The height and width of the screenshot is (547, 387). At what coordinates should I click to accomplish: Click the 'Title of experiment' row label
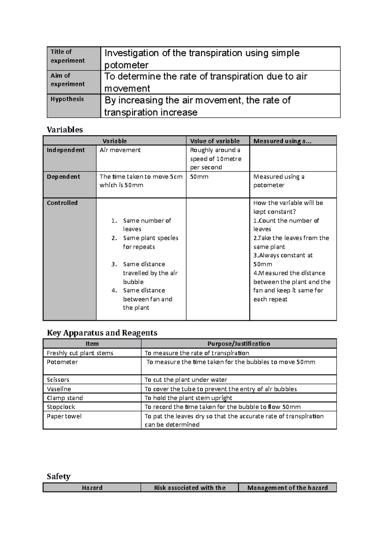[x=68, y=56]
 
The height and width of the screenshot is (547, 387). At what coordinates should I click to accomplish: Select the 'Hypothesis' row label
[x=67, y=99]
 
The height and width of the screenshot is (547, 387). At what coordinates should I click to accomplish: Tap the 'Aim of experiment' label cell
[x=68, y=80]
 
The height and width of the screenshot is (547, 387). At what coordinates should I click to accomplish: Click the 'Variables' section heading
[x=65, y=130]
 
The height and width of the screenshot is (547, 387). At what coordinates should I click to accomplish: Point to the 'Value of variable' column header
[x=215, y=141]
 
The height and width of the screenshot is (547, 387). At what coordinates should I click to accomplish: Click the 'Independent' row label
[x=66, y=150]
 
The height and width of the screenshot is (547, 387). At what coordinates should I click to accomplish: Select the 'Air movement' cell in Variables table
[x=120, y=150]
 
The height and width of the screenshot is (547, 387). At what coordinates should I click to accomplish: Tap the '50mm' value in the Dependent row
[x=199, y=177]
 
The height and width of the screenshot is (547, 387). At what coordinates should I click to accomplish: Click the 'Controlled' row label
[x=62, y=203]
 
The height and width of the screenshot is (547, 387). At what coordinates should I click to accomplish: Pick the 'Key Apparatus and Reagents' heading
[x=102, y=333]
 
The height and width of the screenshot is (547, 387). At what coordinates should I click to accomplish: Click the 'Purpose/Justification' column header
[x=239, y=344]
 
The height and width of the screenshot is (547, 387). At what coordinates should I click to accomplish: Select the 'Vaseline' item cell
[x=59, y=389]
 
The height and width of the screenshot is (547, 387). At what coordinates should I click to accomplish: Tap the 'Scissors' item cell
[x=58, y=380]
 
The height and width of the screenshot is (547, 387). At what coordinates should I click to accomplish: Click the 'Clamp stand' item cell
[x=65, y=398]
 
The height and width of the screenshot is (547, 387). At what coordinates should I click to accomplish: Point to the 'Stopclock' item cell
[x=61, y=407]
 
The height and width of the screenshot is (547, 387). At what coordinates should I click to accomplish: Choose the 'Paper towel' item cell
[x=64, y=416]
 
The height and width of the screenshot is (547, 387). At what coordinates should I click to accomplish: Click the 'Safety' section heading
[x=59, y=476]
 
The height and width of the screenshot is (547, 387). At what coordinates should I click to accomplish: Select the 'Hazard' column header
[x=92, y=488]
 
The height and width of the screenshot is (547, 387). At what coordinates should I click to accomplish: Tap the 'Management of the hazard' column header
[x=287, y=488]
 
